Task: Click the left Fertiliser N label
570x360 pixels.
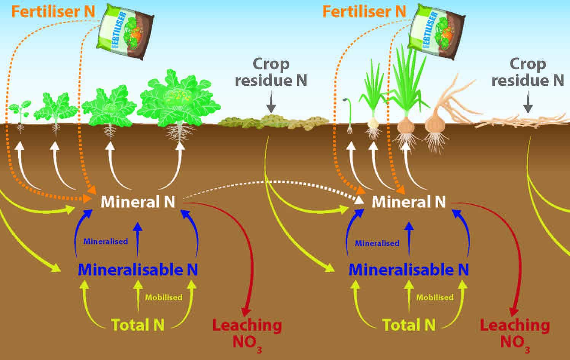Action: click(x=53, y=12)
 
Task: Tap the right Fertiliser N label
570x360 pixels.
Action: click(x=364, y=12)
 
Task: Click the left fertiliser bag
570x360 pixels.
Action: click(x=125, y=31)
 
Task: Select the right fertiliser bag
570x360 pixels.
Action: click(x=436, y=31)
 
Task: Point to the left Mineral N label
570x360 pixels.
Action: click(x=138, y=202)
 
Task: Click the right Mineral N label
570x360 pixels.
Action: click(x=409, y=202)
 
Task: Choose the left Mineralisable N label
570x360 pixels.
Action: click(x=138, y=270)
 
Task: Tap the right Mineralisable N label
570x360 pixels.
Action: click(x=409, y=270)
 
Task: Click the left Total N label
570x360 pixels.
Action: click(x=138, y=325)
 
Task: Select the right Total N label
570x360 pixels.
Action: click(x=409, y=325)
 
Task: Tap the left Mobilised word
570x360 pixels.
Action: click(x=164, y=298)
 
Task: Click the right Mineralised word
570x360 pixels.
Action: click(x=377, y=243)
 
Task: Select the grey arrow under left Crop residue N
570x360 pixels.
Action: click(x=271, y=102)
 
